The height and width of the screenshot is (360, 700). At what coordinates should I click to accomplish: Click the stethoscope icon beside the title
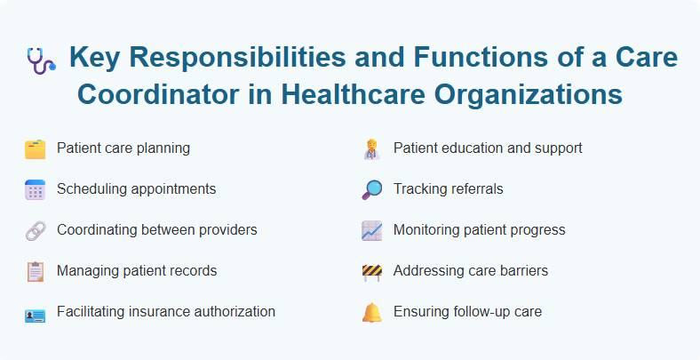[40, 60]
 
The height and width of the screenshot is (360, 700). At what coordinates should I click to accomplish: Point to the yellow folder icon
[35, 148]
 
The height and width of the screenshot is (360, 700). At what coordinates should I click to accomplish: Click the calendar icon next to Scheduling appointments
[35, 189]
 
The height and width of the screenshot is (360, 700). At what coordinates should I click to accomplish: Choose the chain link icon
[35, 230]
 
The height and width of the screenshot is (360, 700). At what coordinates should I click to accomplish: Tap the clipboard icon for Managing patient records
[35, 271]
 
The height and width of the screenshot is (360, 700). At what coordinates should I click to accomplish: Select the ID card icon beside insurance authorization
[35, 312]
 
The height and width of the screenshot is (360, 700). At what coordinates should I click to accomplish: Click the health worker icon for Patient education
[371, 148]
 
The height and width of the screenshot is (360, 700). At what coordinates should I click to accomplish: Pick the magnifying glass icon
[371, 189]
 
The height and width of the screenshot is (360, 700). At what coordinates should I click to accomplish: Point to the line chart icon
[371, 230]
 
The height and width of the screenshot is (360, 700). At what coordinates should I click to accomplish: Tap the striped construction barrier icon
[371, 271]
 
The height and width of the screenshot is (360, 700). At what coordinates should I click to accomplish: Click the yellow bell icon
[371, 312]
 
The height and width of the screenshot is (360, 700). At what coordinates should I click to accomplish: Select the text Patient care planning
[123, 148]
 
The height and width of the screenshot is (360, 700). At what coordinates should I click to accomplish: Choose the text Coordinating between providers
[157, 230]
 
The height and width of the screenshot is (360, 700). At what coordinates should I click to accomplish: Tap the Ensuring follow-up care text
[467, 312]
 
